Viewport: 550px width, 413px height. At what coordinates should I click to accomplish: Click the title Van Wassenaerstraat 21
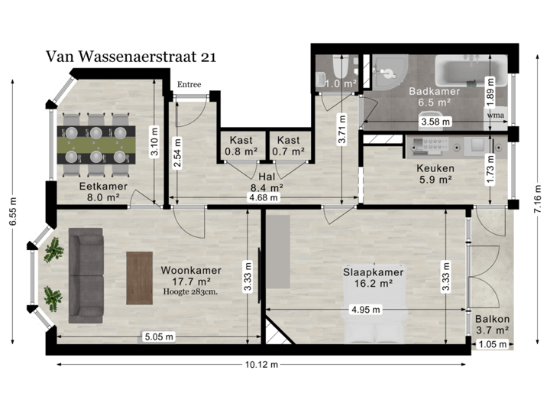pyautogui.click(x=131, y=56)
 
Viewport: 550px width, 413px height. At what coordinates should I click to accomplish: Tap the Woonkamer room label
pyautogui.click(x=191, y=270)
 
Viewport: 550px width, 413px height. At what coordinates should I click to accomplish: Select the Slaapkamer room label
pyautogui.click(x=373, y=272)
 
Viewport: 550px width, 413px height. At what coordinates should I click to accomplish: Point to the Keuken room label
pyautogui.click(x=435, y=169)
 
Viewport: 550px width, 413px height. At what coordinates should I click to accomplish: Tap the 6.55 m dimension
pyautogui.click(x=12, y=212)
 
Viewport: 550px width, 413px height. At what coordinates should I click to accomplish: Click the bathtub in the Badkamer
pyautogui.click(x=470, y=73)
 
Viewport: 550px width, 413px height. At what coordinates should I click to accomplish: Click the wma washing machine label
pyautogui.click(x=496, y=116)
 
